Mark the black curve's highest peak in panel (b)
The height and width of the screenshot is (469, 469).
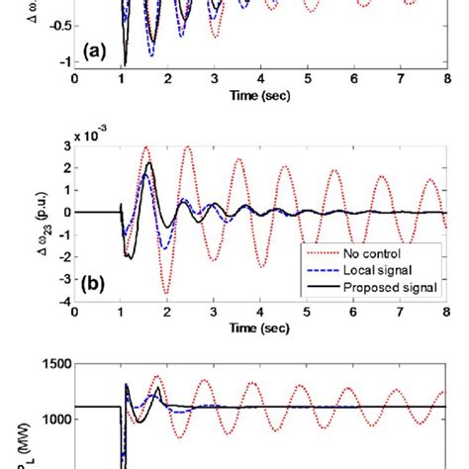point(148,164)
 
